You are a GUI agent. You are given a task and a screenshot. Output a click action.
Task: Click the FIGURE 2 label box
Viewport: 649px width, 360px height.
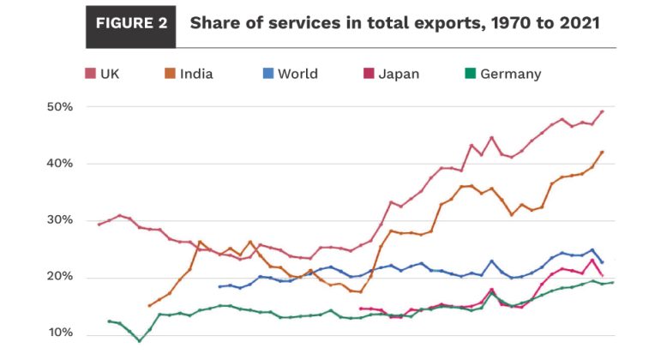130,23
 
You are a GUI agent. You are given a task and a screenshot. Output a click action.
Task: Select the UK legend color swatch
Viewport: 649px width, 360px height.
89,74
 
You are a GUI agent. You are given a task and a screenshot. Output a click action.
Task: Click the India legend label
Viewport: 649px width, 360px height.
196,74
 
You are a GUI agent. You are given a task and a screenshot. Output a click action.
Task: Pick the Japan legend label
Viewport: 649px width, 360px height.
399,74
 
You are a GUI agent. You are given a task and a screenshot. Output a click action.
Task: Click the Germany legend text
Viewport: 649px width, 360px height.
510,74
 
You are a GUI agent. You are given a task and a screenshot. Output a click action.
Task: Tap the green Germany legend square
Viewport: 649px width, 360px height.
468,74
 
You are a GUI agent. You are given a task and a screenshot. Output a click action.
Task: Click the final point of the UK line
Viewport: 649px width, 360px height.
602,111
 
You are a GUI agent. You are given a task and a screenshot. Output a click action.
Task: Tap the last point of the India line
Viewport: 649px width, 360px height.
602,152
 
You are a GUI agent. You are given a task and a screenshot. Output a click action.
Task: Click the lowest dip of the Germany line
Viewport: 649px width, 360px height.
140,341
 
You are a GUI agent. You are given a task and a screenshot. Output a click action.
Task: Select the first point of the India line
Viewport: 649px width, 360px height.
150,305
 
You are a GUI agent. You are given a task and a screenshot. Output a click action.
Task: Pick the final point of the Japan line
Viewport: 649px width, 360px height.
602,275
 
